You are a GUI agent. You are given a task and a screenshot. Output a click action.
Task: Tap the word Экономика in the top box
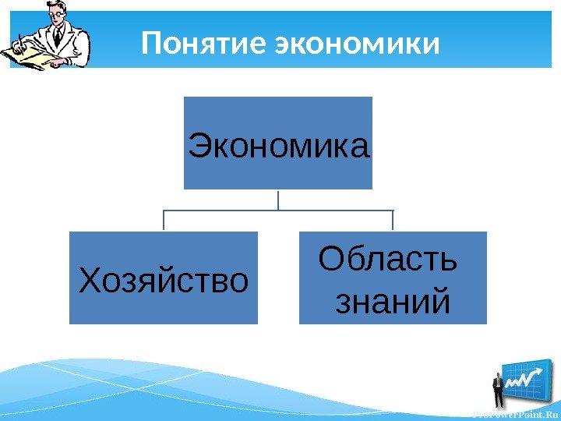tap(278, 145)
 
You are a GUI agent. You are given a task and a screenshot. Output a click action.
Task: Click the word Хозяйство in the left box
tap(164, 278)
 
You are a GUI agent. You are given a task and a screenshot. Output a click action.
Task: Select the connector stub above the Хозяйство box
tap(164, 221)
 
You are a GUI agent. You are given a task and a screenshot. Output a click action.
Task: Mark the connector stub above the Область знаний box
tap(393, 221)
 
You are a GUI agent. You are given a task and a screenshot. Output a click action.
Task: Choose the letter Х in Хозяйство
tap(90, 278)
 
